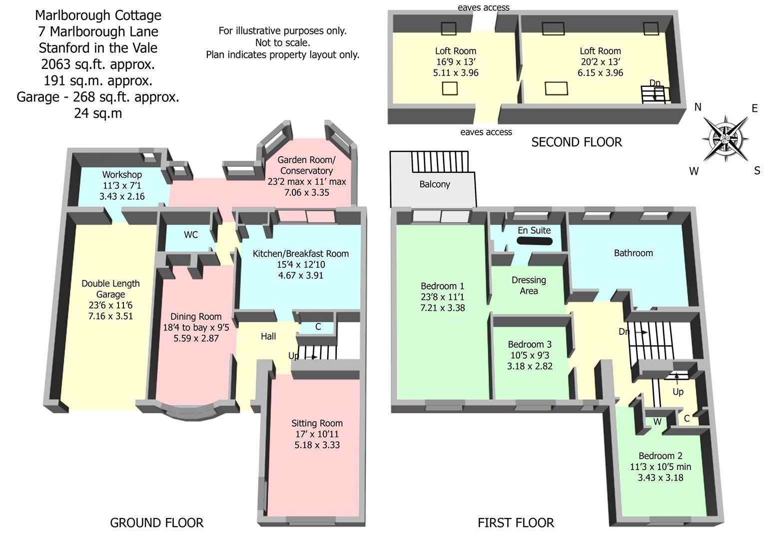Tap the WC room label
[x=191, y=235]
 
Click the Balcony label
[x=434, y=184]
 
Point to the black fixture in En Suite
[x=534, y=241]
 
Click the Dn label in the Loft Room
[x=655, y=82]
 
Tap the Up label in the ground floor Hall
[x=294, y=356]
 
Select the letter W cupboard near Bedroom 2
[x=657, y=422]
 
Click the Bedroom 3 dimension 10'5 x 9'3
[x=529, y=355]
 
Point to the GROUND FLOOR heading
[x=156, y=523]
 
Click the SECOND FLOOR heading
[x=576, y=142]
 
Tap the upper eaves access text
[x=483, y=7]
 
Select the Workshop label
[x=122, y=175]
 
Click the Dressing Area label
[x=529, y=285]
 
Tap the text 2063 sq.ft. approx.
[x=98, y=64]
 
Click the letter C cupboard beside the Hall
[x=318, y=327]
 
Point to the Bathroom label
[x=633, y=253]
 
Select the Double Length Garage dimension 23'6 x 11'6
[x=110, y=305]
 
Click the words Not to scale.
[x=282, y=43]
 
